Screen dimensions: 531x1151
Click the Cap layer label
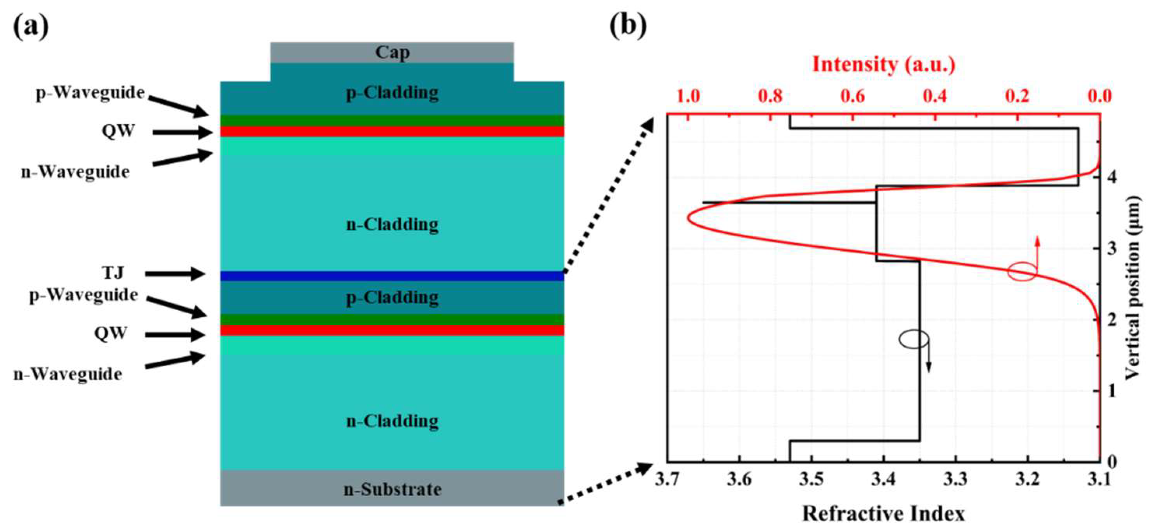pyautogui.click(x=392, y=52)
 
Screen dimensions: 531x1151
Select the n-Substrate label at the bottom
pyautogui.click(x=392, y=489)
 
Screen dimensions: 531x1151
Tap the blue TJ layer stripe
pyautogui.click(x=392, y=276)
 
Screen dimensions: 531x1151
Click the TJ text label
pyautogui.click(x=112, y=273)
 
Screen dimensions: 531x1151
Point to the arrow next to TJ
pyautogui.click(x=175, y=274)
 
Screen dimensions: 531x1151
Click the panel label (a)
pyautogui.click(x=30, y=28)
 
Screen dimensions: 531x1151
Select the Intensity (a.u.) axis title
pyautogui.click(x=883, y=64)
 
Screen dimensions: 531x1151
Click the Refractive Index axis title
pyautogui.click(x=883, y=514)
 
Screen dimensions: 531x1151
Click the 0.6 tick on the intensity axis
pyautogui.click(x=852, y=96)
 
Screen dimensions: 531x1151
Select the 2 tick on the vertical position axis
pyautogui.click(x=1112, y=320)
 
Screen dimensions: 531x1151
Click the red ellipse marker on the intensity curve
pyautogui.click(x=1022, y=272)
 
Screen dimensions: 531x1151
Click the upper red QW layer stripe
pyautogui.click(x=392, y=132)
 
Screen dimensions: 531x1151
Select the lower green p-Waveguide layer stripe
pyautogui.click(x=392, y=320)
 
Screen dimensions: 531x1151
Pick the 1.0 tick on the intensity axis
pyautogui.click(x=688, y=96)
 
